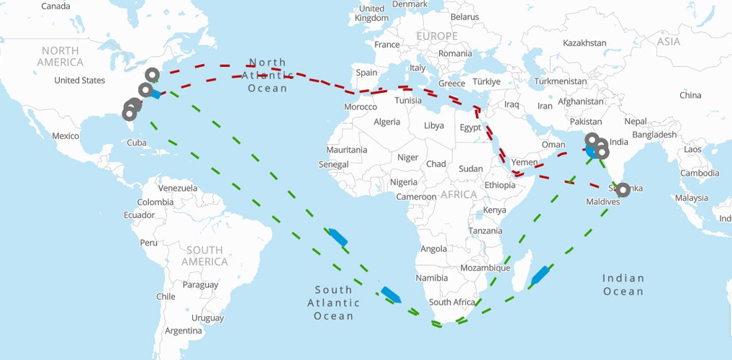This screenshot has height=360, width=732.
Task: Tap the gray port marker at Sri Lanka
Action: tap(623, 190)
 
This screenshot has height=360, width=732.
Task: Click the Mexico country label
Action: tap(65, 136)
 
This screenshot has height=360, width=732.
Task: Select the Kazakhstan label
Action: tap(584, 43)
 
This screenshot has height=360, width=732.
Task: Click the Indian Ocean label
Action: tap(623, 284)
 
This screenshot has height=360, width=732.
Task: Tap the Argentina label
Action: tap(183, 330)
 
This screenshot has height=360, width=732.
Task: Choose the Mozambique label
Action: tap(485, 268)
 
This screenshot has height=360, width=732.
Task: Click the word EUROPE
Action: tap(436, 36)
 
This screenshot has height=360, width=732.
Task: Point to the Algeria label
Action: tap(387, 122)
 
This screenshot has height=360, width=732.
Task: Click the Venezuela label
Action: tap(178, 188)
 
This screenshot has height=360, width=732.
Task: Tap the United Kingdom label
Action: tap(372, 13)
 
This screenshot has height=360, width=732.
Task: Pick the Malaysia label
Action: tap(691, 198)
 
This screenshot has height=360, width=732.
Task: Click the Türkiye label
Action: tap(487, 82)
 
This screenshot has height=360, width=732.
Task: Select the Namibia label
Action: tap(431, 278)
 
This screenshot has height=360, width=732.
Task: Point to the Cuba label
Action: tap(137, 143)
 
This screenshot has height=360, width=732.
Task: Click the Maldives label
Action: tap(602, 202)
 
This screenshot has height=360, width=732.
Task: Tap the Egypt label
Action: tap(470, 128)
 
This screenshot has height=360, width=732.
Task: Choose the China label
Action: tap(690, 95)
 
